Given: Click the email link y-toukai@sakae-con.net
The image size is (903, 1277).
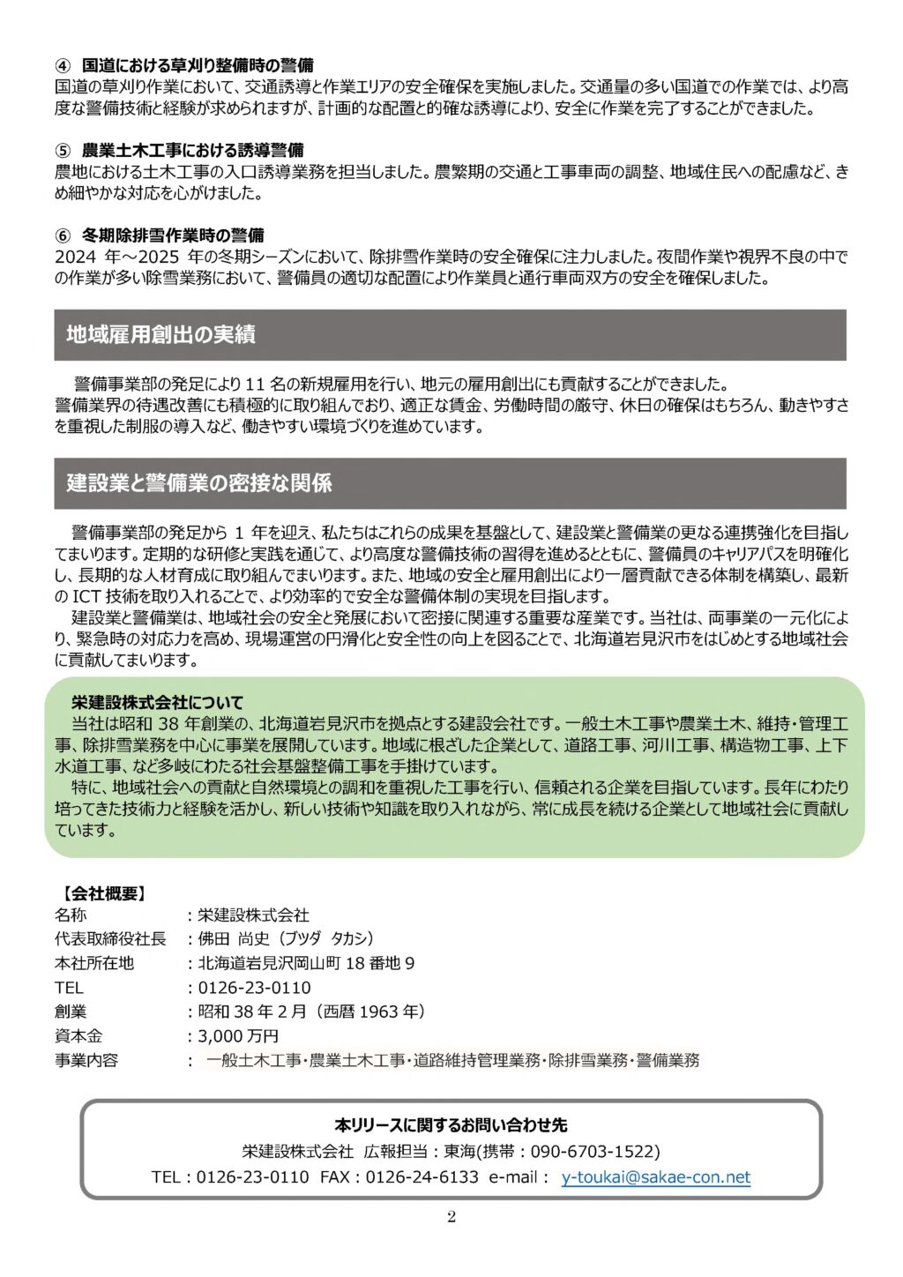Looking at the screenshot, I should [655, 1177].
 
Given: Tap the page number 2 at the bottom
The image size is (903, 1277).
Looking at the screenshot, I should [451, 1218].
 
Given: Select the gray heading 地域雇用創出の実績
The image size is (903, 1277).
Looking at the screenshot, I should [160, 335].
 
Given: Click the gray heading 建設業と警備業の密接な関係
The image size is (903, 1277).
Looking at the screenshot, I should [199, 483].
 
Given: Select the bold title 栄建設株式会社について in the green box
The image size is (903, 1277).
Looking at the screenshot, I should [157, 703].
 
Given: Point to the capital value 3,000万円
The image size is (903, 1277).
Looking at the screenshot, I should [238, 1036].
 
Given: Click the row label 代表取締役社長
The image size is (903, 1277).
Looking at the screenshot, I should [110, 939].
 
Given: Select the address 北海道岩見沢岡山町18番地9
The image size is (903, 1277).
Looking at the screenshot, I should [306, 963].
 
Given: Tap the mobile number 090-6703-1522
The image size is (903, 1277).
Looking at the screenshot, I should [593, 1152].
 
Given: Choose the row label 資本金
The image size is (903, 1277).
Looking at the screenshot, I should [78, 1036].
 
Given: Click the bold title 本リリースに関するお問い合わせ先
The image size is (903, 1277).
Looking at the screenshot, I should [451, 1125].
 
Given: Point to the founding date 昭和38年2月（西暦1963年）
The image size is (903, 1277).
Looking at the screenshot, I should [312, 1012].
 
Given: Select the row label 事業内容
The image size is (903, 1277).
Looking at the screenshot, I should [86, 1060].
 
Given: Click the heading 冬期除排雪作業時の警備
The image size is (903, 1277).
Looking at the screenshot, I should [173, 235].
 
